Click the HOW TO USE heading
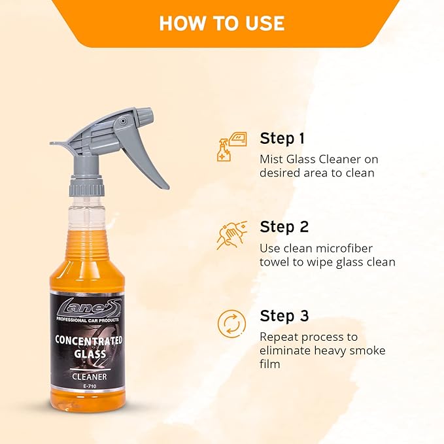pos(222,23)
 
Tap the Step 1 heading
pos(282,138)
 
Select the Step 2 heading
pos(284,227)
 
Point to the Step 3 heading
pos(284,316)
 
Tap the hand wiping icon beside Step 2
pos(232,235)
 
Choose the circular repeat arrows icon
pos(232,324)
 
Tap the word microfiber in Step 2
pos(339,248)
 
